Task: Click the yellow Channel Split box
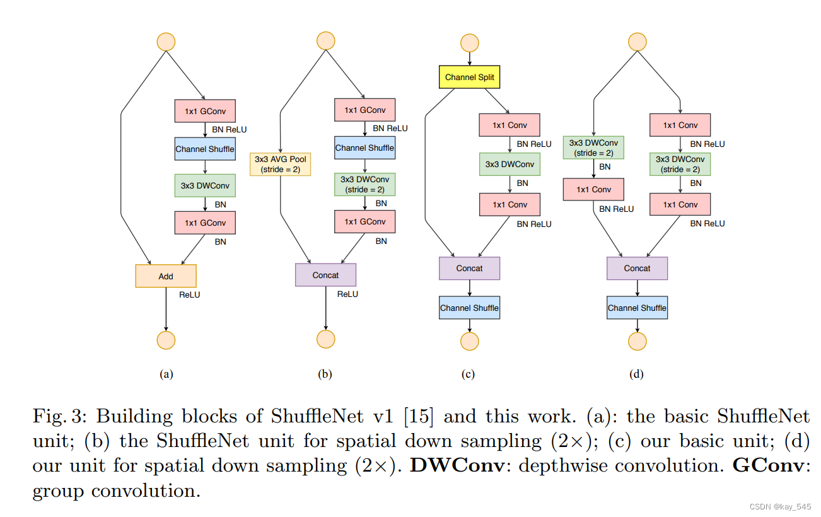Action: click(470, 78)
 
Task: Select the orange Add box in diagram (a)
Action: click(166, 276)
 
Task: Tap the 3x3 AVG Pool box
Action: click(281, 164)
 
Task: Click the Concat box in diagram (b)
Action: click(325, 275)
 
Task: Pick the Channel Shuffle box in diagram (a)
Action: click(205, 149)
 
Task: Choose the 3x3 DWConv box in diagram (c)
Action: click(509, 165)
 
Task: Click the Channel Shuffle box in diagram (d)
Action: click(637, 308)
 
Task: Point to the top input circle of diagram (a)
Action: click(166, 41)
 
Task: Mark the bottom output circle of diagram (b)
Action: click(325, 339)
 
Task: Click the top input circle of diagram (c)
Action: click(470, 43)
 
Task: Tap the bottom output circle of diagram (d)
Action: click(637, 341)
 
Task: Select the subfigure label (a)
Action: click(166, 374)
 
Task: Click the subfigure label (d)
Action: click(636, 374)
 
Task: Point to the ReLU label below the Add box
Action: click(189, 294)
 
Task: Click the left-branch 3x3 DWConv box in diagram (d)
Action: click(593, 148)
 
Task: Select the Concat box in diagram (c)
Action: click(470, 269)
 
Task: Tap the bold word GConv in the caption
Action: click(767, 466)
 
